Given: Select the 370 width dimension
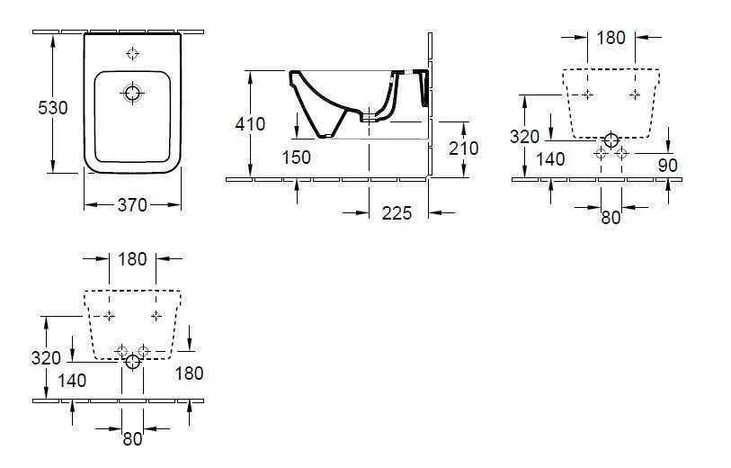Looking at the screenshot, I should [x=132, y=205].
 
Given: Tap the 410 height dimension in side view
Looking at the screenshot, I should [x=250, y=124].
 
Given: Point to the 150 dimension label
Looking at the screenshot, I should [x=295, y=157].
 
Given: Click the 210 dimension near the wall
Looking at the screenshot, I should [x=463, y=148].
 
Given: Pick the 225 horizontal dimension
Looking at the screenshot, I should [x=396, y=212].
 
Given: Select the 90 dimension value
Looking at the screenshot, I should [x=666, y=165].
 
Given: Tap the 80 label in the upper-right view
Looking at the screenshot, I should [x=611, y=217].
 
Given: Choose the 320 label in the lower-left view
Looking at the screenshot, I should [x=46, y=358].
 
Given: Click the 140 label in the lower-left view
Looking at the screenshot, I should [x=71, y=381].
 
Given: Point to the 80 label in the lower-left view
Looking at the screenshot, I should [x=132, y=438].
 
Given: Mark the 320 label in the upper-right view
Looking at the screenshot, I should [x=524, y=137].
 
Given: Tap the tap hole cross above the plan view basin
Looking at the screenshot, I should [x=133, y=53].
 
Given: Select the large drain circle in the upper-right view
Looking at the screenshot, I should [x=611, y=139].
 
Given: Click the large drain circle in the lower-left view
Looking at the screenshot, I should [x=133, y=362].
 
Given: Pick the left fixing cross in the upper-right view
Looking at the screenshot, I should [x=587, y=94].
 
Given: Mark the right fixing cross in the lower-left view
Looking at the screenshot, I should [x=156, y=315].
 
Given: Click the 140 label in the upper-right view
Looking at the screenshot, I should [x=549, y=159].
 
